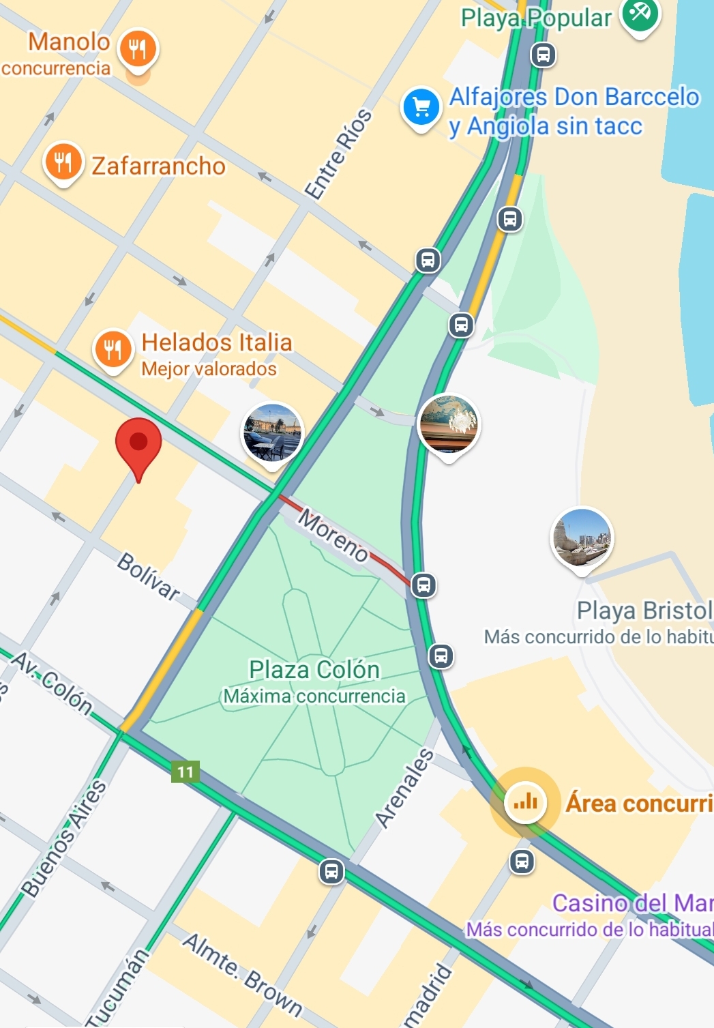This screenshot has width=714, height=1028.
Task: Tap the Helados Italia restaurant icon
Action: click(x=113, y=348)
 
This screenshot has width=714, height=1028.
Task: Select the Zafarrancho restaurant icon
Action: click(x=63, y=162)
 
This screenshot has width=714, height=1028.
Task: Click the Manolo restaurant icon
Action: click(x=138, y=49)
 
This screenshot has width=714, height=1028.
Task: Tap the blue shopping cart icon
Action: click(x=421, y=106)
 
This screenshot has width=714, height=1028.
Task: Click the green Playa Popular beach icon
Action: click(x=640, y=14)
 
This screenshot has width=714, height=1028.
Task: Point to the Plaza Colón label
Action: click(x=314, y=670)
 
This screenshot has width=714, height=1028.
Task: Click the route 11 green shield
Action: click(x=185, y=772)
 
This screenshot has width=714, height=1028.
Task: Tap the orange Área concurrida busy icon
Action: click(x=524, y=802)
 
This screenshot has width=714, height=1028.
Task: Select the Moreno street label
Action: click(x=333, y=535)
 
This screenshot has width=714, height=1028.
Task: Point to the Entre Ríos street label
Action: click(x=338, y=154)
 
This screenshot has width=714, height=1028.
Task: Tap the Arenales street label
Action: click(x=404, y=788)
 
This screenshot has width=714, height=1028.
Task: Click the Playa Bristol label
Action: click(x=644, y=611)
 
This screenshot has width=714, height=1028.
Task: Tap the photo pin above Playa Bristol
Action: click(x=582, y=538)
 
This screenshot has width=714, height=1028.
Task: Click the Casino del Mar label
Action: click(x=631, y=903)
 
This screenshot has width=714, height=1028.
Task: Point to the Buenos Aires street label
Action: click(x=65, y=838)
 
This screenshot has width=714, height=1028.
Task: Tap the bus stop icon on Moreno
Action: click(x=423, y=585)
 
